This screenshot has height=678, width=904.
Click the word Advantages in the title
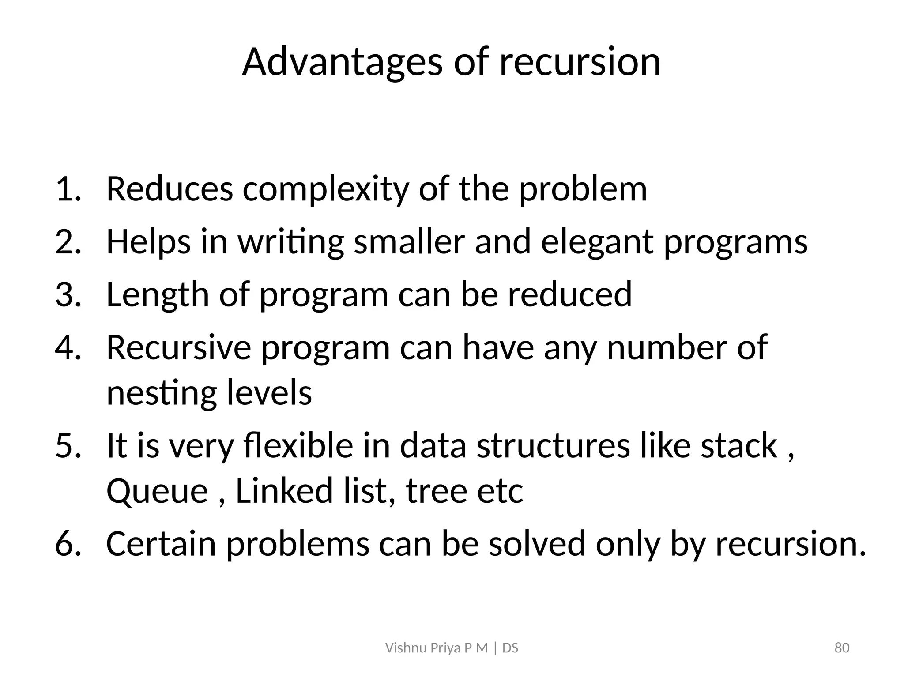pos(342,62)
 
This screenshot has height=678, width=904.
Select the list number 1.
pos(68,189)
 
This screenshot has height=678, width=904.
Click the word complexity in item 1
pos(326,189)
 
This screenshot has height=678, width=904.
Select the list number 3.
pos(68,295)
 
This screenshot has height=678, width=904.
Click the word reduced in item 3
pos(570,295)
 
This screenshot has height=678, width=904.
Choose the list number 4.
pos(68,348)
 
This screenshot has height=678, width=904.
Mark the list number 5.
pos(68,445)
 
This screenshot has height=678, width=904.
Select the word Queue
pos(157,491)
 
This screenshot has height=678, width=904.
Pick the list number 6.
pos(68,544)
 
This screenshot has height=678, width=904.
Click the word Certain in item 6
pos(161,544)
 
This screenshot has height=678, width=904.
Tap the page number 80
pos(842,648)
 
